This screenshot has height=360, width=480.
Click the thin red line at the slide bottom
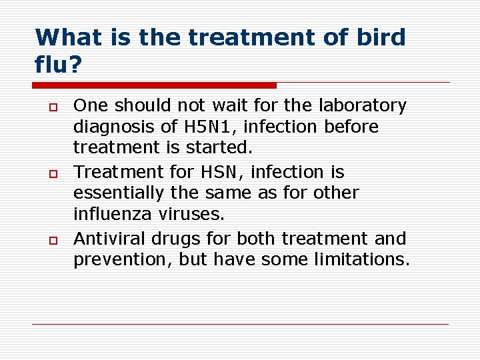coord(240,324)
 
